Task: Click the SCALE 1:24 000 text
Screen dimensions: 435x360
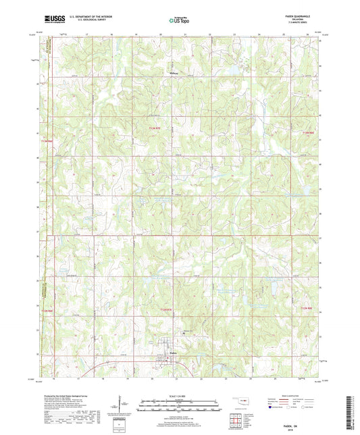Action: pos(180,395)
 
